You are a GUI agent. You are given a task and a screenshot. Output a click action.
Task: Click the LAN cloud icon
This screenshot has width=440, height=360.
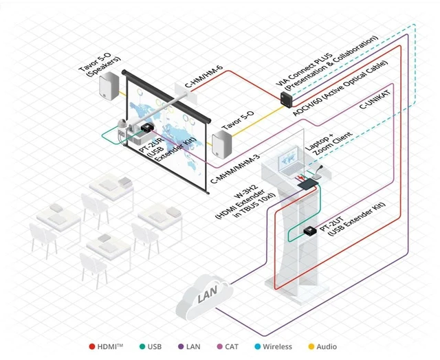tap(204, 297)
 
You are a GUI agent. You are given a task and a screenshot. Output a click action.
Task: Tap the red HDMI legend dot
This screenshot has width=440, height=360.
tap(91, 346)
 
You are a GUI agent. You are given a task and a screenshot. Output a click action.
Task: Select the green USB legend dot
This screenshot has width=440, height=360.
tap(142, 346)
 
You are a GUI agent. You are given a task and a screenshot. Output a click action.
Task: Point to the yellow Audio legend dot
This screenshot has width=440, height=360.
tap(311, 346)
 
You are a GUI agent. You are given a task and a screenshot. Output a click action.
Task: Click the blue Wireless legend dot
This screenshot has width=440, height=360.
tap(257, 346)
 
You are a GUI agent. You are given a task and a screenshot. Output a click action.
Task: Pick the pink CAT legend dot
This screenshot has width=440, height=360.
tap(220, 346)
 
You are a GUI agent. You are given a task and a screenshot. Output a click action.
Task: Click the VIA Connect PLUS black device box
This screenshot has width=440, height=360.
tap(287, 99)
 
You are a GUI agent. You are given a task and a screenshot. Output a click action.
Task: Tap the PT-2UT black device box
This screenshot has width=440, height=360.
tap(310, 230)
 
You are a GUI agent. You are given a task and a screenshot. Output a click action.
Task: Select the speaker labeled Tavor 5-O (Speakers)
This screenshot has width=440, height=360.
tap(109, 86)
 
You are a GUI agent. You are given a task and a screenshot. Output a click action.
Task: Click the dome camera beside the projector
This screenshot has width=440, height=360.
tap(122, 124)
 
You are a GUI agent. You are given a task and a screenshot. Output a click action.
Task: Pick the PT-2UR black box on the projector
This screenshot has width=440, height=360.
tap(147, 128)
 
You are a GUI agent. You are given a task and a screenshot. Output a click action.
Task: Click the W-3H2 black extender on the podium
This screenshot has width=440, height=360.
tap(308, 184)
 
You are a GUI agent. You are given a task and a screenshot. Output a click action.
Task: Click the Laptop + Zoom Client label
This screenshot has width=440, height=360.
tap(329, 144)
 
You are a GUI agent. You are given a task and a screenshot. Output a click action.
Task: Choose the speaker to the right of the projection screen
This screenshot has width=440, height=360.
tap(222, 145)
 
